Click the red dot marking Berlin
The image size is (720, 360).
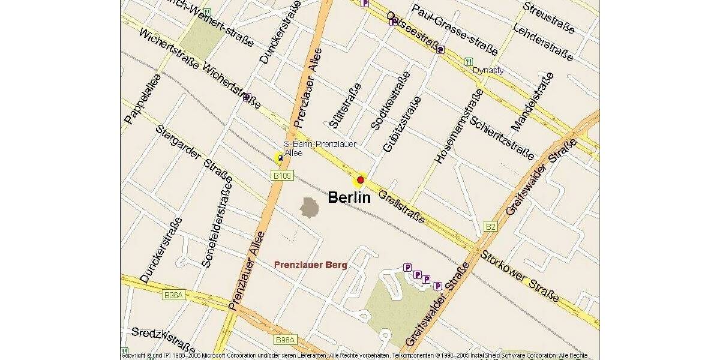pyautogui.click(x=361, y=179)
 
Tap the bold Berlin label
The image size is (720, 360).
pyautogui.click(x=349, y=197)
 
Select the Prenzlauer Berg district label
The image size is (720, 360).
pyautogui.click(x=310, y=265)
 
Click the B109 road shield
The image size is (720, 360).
pyautogui.click(x=283, y=176)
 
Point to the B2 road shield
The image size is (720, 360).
pyautogui.click(x=491, y=226)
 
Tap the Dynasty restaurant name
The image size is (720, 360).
pyautogui.click(x=488, y=70)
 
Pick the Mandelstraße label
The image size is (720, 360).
pyautogui.click(x=532, y=102)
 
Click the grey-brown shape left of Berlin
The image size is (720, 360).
pyautogui.click(x=310, y=208)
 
